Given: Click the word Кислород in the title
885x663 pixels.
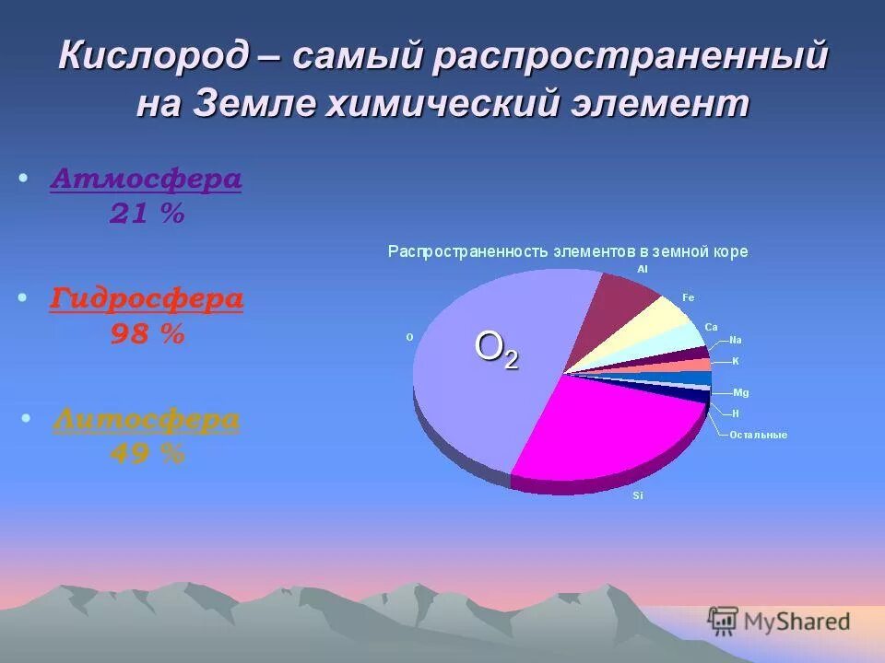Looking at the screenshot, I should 153,57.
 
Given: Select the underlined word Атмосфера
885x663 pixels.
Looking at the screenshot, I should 147,179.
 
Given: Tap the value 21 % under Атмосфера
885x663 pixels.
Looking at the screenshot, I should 147,215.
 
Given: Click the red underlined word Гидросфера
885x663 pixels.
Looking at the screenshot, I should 147,298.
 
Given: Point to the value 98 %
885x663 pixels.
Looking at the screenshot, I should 147,334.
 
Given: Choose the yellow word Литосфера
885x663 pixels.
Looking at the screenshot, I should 147,420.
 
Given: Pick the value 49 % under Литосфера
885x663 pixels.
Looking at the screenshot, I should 147,454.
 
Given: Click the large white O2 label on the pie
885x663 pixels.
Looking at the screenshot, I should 496,349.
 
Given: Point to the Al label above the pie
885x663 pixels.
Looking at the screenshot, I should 643,269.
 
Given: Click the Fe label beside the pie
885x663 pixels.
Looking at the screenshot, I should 688,297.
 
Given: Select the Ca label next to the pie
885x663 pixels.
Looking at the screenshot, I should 711,327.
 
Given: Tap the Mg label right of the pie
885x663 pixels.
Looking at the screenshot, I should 740,392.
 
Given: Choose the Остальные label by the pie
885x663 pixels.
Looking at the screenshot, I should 758,435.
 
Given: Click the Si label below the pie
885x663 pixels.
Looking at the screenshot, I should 637,497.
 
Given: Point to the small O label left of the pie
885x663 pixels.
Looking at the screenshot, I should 409,337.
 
